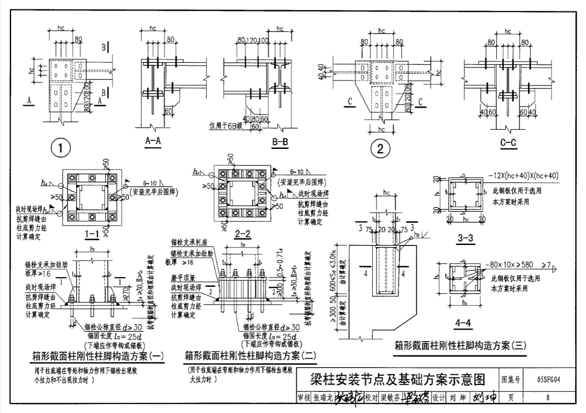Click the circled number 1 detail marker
(x=61, y=148)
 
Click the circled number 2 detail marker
(x=380, y=148)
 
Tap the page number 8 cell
(x=547, y=397)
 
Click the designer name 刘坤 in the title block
(x=457, y=397)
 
